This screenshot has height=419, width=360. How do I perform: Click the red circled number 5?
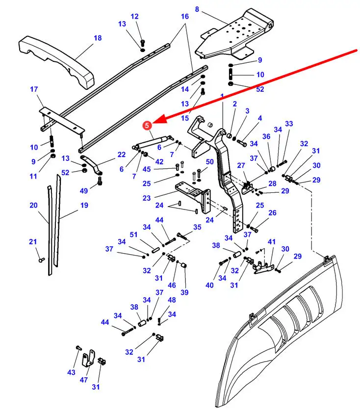click(x=147, y=126)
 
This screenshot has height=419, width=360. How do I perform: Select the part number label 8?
click(x=197, y=9)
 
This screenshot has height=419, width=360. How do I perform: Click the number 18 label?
click(x=97, y=38)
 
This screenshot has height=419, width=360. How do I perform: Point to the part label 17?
click(x=34, y=89)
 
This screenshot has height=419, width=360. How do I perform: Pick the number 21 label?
click(x=33, y=241)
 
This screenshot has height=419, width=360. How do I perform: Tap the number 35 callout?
click(x=197, y=227)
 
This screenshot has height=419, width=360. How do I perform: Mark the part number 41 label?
click(x=272, y=242)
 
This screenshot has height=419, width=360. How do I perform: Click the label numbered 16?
click(x=184, y=16)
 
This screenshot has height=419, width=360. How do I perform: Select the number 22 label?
click(x=122, y=155)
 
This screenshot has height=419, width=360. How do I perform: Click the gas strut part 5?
click(x=153, y=142)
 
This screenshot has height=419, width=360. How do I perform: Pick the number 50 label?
click(x=209, y=162)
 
